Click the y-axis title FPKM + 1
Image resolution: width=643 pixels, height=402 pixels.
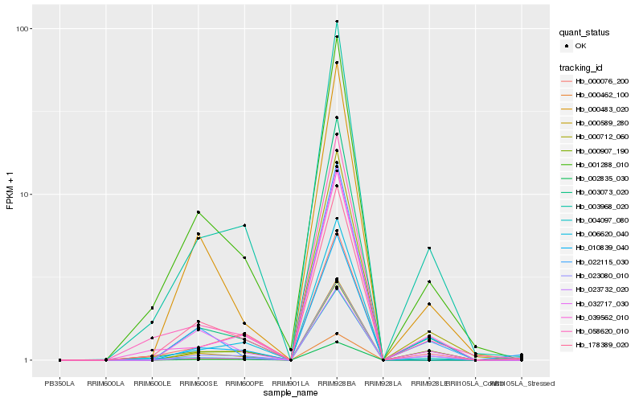pos(10,192)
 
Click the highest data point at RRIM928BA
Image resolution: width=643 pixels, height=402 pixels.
pos(337,21)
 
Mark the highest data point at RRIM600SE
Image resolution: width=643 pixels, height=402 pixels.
pos(198,212)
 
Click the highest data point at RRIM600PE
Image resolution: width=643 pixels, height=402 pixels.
pos(244,225)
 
